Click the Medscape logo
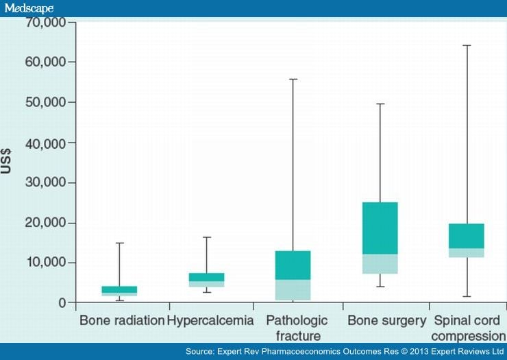29,8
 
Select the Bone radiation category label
122,320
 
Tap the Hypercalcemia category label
210,320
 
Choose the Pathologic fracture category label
297,328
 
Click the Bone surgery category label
380,320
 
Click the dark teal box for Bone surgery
380,228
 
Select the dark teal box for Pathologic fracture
293,265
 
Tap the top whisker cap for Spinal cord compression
466,45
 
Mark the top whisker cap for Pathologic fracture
293,80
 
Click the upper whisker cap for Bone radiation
119,243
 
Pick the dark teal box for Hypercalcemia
206,277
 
